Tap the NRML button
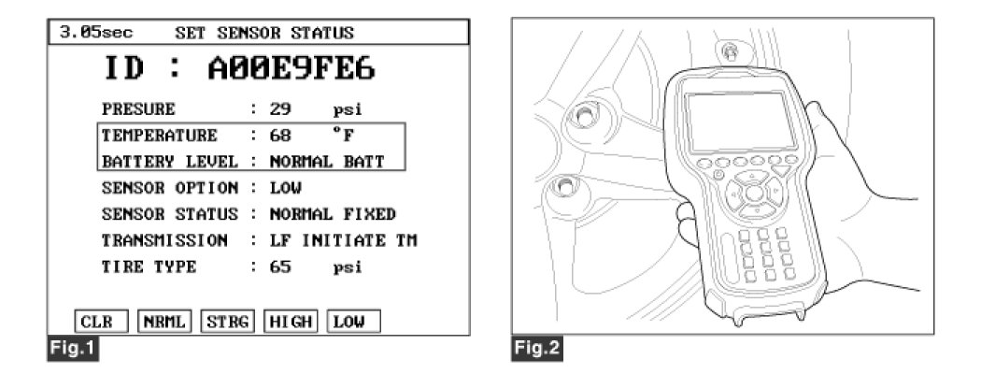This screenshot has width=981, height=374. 164,322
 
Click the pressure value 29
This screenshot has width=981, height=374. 279,108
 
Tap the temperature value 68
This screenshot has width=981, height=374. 279,135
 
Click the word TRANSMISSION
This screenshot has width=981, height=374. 164,239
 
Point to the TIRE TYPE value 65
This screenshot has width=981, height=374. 279,266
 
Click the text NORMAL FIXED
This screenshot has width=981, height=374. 333,213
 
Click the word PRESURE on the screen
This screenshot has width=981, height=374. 138,108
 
